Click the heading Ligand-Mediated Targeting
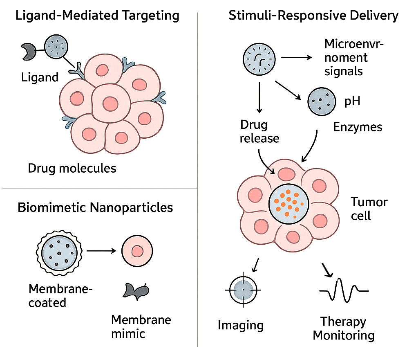tap(97, 16)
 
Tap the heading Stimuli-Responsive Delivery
tap(313, 16)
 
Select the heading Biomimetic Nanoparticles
tap(95, 207)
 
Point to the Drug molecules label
tap(72, 168)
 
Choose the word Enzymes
tap(358, 127)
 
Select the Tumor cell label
tap(369, 209)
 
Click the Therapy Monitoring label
tap(343, 328)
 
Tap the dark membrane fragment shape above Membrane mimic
tap(135, 290)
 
